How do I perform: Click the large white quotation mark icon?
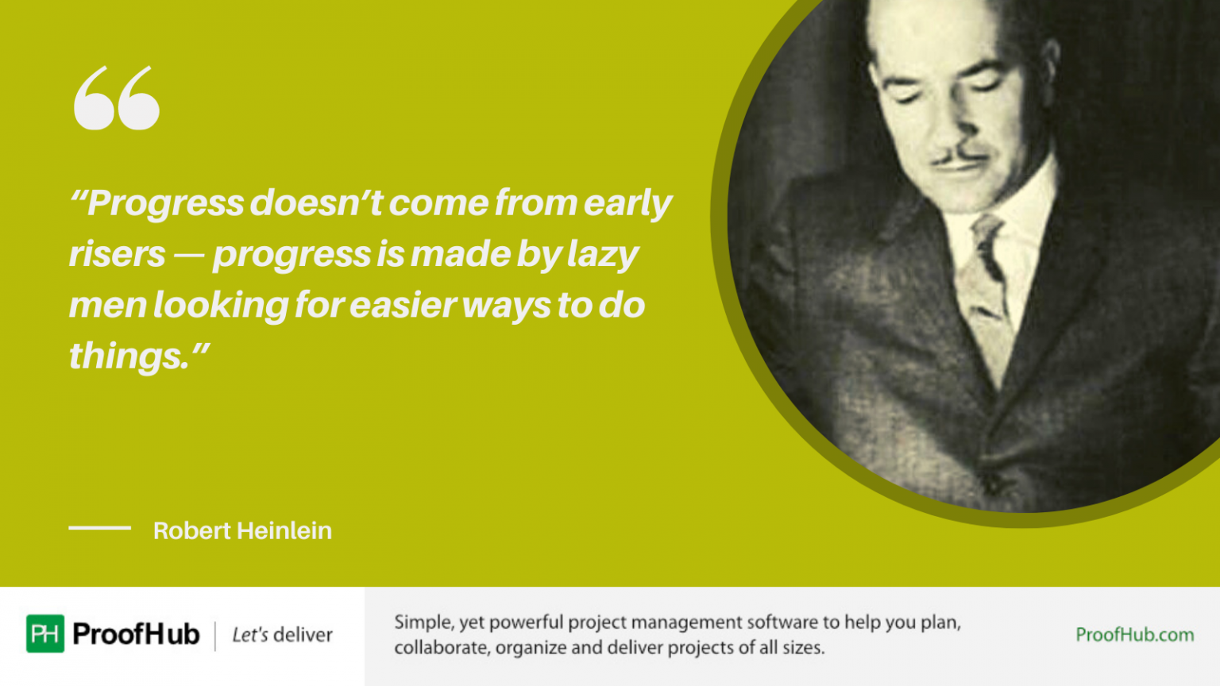pyautogui.click(x=117, y=98)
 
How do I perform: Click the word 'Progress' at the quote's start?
pyautogui.click(x=165, y=203)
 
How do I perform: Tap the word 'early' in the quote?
pyautogui.click(x=628, y=203)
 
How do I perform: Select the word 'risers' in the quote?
pyautogui.click(x=118, y=254)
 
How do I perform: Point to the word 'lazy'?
pyautogui.click(x=603, y=254)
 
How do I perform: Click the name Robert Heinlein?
pyautogui.click(x=242, y=530)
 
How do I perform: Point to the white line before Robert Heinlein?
pyautogui.click(x=99, y=527)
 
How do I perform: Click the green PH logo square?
pyautogui.click(x=45, y=634)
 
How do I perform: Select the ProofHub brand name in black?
pyautogui.click(x=136, y=634)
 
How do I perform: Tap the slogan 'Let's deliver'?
pyautogui.click(x=282, y=634)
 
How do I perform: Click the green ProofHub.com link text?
pyautogui.click(x=1134, y=634)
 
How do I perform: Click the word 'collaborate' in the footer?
pyautogui.click(x=442, y=647)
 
